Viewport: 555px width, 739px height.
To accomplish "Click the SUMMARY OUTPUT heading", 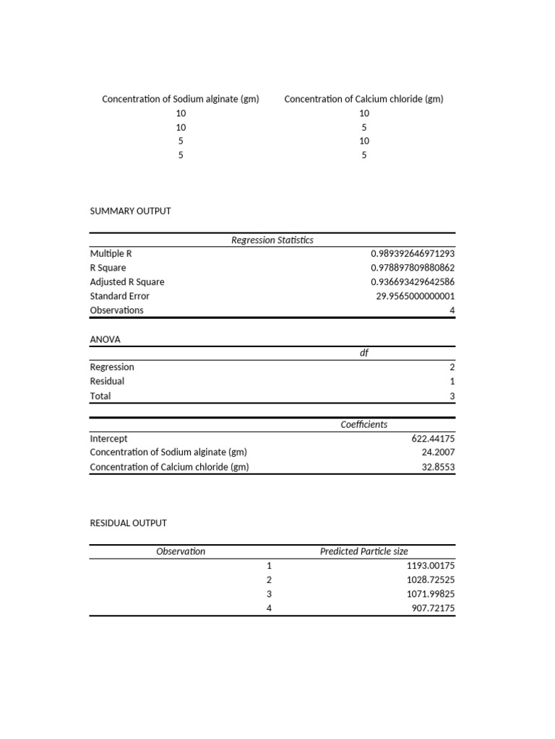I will tap(130, 211).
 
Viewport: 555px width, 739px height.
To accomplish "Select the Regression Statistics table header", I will tap(272, 240).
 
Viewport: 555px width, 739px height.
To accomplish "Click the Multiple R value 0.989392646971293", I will tap(413, 254).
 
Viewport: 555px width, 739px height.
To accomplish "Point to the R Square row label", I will tap(108, 268).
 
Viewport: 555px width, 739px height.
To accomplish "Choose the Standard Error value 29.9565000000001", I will tap(416, 296).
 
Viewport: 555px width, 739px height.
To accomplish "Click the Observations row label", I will tap(116, 310).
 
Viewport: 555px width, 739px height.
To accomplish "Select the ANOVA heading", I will tap(105, 338).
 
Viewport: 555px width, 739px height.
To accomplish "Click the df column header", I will tap(364, 353).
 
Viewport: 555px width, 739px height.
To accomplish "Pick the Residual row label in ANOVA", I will tap(107, 381).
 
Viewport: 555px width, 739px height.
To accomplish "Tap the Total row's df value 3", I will tap(452, 396).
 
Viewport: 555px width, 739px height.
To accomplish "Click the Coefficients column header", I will tap(363, 424).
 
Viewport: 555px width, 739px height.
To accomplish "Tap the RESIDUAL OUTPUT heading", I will tap(128, 522).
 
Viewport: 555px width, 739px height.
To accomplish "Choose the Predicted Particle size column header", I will tap(363, 551).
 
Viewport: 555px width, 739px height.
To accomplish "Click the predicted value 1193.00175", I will tap(431, 566).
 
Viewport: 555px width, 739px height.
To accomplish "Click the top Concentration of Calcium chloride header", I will tap(363, 99).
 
